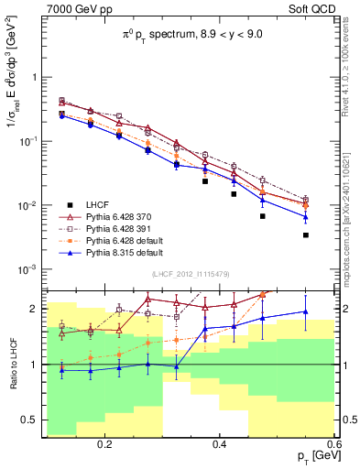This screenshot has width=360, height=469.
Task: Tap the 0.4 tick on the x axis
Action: point(220,444)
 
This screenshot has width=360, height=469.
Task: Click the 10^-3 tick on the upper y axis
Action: point(27,269)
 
